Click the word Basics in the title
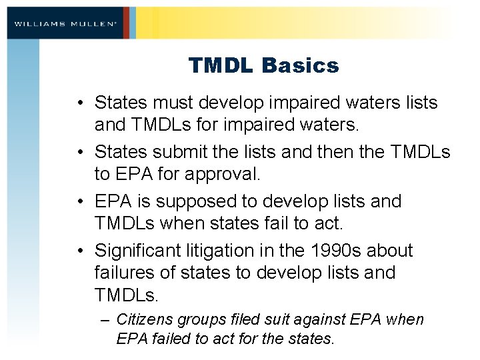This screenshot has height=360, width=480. pyautogui.click(x=300, y=66)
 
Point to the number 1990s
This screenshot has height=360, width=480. pyautogui.click(x=329, y=251)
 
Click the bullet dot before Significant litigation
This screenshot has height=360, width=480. pyautogui.click(x=81, y=251)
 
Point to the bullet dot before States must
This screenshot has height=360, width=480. pyautogui.click(x=81, y=103)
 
